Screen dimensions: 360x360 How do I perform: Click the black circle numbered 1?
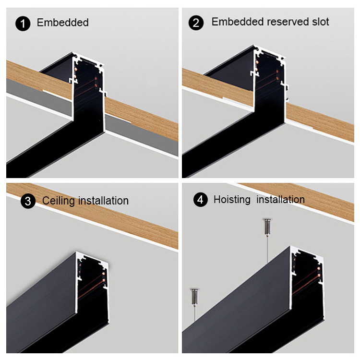23,24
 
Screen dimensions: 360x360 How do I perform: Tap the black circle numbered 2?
196,23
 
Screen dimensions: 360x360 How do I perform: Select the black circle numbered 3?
28,201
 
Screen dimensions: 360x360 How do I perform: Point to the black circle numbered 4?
201,200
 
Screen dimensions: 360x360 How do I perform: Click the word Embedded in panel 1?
63,23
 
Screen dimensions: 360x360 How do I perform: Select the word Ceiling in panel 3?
59,201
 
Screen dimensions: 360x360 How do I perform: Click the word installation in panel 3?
103,201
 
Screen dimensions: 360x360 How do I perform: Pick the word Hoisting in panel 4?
232,200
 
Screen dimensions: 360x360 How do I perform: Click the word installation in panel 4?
281,199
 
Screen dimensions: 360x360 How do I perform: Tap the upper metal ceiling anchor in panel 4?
267,227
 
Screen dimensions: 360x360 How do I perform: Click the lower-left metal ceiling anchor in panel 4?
194,297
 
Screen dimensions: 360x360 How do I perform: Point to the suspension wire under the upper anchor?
267,249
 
